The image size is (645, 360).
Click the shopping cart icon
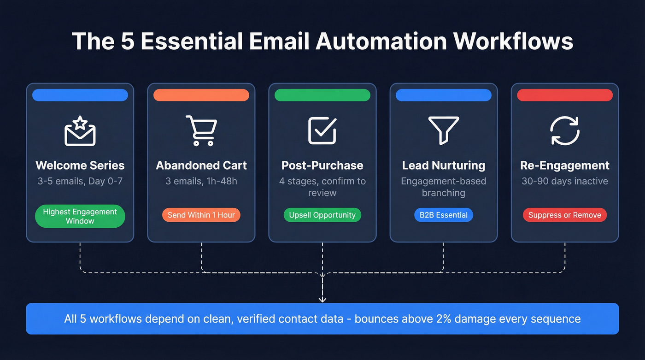pos(201,130)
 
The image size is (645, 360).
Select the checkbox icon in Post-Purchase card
pos(322,130)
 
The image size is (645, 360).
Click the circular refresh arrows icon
pos(565,130)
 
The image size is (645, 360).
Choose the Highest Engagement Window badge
pos(80,216)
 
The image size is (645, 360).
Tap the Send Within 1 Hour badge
pos(201,215)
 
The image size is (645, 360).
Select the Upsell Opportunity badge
pos(322,215)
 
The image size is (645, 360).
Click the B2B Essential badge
pos(444,215)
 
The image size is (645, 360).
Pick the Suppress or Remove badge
pos(565,215)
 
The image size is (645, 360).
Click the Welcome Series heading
pos(80,165)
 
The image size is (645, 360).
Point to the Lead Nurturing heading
pos(444,165)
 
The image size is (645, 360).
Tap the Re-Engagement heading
pos(565,165)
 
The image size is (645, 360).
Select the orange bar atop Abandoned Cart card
pos(201,95)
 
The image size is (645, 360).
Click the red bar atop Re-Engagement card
pos(565,95)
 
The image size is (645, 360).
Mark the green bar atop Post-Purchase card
pos(322,95)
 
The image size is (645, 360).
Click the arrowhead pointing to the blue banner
pos(322,300)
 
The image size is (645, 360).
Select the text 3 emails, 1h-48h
pos(201,181)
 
